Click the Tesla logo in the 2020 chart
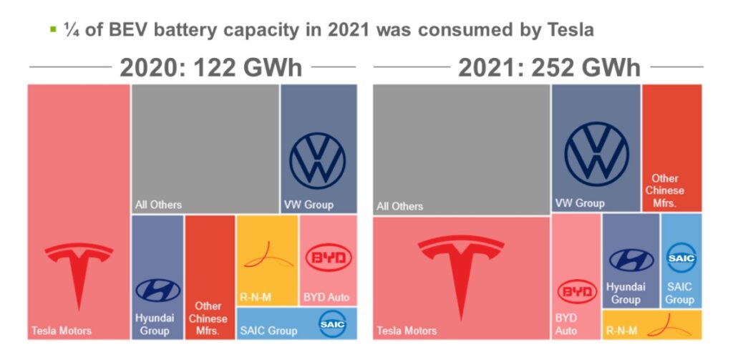pyautogui.click(x=79, y=276)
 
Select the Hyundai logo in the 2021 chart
pyautogui.click(x=631, y=260)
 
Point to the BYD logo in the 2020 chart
pyautogui.click(x=329, y=258)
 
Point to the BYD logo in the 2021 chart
pyautogui.click(x=576, y=292)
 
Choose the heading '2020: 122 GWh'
pyautogui.click(x=210, y=68)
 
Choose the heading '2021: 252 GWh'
pyautogui.click(x=549, y=68)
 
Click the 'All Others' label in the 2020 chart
pyautogui.click(x=158, y=205)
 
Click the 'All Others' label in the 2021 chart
pyautogui.click(x=399, y=206)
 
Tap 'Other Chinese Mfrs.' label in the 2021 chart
pyautogui.click(x=664, y=190)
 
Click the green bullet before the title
pyautogui.click(x=52, y=29)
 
